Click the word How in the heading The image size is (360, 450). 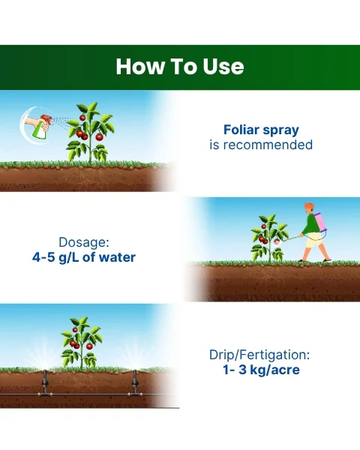coord(141,66)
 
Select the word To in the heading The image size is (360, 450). coord(184,66)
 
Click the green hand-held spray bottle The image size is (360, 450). coord(43,129)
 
